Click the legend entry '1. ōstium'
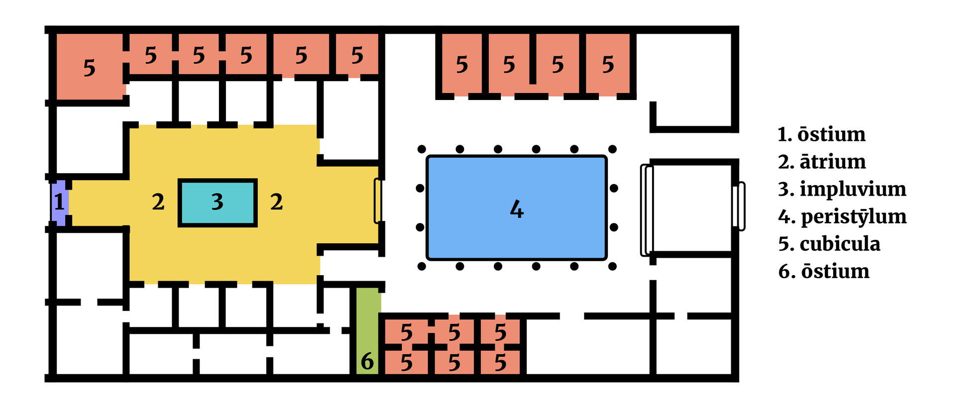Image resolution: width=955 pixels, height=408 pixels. (821, 134)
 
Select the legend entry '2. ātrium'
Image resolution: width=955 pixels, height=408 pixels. (822, 162)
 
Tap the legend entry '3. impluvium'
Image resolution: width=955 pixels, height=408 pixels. (842, 189)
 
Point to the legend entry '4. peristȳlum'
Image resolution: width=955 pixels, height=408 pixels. (842, 216)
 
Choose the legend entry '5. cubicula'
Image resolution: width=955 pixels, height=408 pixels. (829, 244)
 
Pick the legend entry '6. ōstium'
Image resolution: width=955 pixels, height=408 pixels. (824, 271)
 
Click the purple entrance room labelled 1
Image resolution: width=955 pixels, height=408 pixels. (59, 203)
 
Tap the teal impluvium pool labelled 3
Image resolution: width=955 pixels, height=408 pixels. (217, 203)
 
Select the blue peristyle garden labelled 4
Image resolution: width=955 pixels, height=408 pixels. (516, 208)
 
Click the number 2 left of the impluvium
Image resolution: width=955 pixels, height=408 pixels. (158, 202)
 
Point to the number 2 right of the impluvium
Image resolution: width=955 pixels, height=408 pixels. (277, 202)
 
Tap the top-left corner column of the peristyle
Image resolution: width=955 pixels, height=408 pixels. (422, 149)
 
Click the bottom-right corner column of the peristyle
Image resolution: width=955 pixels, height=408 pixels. (613, 267)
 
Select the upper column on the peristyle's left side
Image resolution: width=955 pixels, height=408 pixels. (420, 188)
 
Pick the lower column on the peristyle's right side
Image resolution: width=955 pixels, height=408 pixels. (614, 227)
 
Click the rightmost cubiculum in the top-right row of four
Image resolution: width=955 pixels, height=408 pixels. (608, 65)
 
